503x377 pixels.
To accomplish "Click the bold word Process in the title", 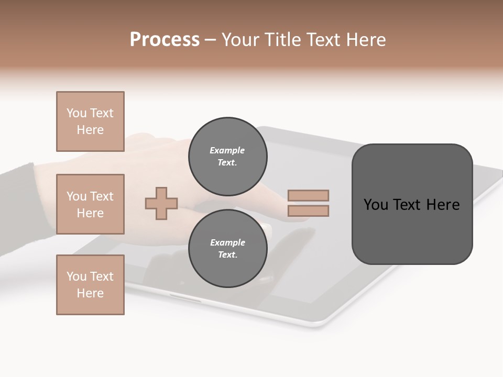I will pos(165,40).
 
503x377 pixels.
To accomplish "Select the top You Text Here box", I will pos(90,121).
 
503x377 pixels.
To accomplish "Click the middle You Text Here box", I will pos(90,204).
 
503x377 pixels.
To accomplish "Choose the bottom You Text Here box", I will pos(90,284).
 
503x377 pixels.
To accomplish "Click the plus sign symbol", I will pos(161,203).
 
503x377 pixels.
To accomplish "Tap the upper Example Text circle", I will pos(227,156).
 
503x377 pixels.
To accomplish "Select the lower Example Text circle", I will pos(227,248).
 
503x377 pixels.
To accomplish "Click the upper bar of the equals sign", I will pos(308,195).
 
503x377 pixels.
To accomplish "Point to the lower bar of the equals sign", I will pos(308,210).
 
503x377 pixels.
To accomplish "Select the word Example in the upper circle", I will pos(227,150).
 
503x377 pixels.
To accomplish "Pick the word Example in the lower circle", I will pos(227,242).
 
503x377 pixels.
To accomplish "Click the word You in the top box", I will pos(76,113).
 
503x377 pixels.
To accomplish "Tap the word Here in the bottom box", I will pos(90,293).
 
